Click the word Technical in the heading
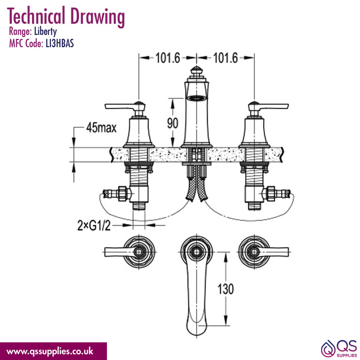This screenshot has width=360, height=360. (x=36, y=16)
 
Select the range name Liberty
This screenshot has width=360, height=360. (x=45, y=32)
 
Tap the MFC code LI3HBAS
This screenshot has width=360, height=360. (x=60, y=43)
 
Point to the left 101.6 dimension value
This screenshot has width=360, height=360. (x=168, y=58)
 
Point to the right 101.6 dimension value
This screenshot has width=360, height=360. (x=225, y=58)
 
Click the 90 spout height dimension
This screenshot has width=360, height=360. (x=172, y=123)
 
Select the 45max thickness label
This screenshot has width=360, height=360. (x=101, y=128)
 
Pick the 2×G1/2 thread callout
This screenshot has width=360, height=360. (x=94, y=225)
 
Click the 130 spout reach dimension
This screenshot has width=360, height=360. (x=225, y=289)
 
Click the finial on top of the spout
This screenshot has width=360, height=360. (x=197, y=72)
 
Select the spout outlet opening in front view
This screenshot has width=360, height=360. (x=197, y=98)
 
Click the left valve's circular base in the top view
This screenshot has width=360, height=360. (x=139, y=252)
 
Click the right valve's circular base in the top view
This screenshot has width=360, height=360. (x=254, y=252)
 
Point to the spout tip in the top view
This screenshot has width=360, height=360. (x=197, y=329)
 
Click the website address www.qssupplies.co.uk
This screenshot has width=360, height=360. (x=50, y=351)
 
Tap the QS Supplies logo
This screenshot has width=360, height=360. (x=339, y=348)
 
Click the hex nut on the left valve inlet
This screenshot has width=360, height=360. (x=122, y=194)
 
